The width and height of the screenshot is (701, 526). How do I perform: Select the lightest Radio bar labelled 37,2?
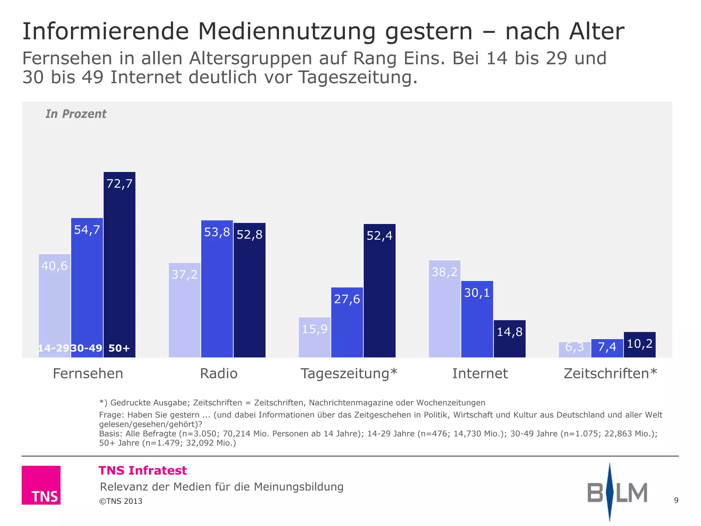184,310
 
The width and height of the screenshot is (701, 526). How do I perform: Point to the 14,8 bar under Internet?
509,339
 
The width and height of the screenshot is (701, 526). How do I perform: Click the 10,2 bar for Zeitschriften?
639,345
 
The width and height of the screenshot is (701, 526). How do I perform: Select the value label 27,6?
347,299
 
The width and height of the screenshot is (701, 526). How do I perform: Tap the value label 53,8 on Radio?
217,232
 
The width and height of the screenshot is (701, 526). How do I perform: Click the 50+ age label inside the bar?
119,348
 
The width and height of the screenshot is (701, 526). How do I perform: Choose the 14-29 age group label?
54,348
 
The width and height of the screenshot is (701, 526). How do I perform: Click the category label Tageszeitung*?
349,373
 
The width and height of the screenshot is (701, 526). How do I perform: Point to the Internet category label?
480,373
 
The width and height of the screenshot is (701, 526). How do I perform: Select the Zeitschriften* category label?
610,373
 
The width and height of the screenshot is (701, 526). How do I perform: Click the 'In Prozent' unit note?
76,114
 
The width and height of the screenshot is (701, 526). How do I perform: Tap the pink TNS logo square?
41,485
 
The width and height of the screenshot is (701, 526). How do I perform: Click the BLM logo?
617,492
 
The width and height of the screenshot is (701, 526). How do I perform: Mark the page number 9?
676,500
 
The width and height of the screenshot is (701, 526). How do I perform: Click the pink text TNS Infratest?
143,471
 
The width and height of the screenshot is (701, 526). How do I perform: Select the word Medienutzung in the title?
286,32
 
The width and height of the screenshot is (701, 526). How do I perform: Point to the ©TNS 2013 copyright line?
121,501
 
